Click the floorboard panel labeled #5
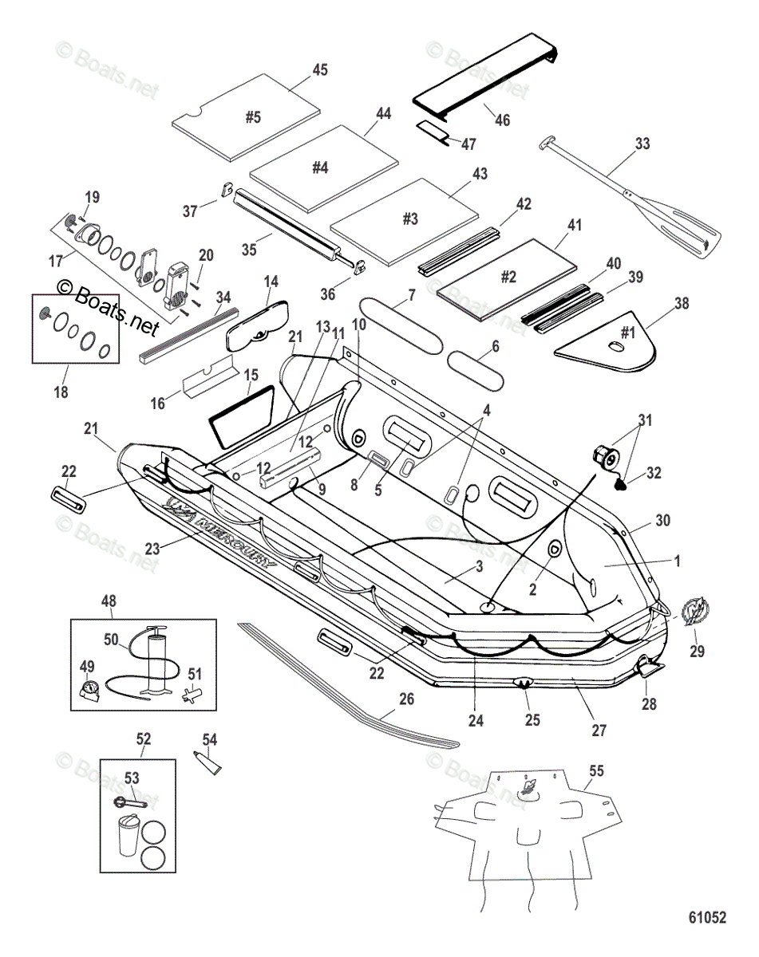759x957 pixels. [x=247, y=116]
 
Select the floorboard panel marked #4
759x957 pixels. [x=322, y=167]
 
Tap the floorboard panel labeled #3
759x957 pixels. [x=407, y=219]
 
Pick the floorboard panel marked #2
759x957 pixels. [x=507, y=276]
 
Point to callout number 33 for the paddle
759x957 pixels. [x=642, y=144]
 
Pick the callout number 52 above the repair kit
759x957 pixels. [x=144, y=738]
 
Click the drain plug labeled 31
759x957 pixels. [x=603, y=457]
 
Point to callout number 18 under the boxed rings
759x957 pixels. [x=61, y=392]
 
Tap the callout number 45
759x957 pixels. [x=319, y=70]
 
